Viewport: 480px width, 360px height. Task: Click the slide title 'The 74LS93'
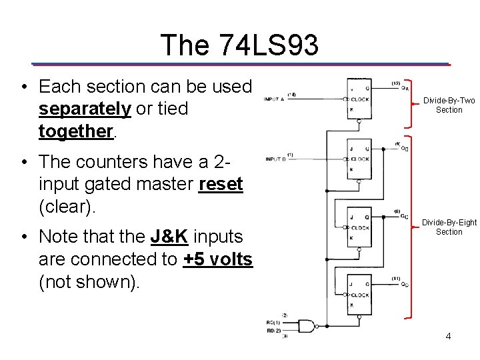[x=239, y=45]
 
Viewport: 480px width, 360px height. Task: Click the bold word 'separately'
[x=85, y=109]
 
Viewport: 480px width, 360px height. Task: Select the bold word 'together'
[x=76, y=131]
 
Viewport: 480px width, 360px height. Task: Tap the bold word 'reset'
[x=221, y=185]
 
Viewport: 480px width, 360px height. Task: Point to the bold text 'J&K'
[x=169, y=236]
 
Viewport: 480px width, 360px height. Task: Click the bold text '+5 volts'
[x=217, y=259]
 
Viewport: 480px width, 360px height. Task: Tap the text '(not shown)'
[x=89, y=282]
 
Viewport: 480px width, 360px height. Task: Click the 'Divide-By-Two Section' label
[x=449, y=105]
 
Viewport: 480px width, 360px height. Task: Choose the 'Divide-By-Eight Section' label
[x=449, y=227]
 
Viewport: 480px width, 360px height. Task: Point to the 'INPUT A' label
[x=273, y=99]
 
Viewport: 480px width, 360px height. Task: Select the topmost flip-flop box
[x=359, y=99]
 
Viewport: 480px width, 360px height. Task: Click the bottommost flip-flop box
[x=359, y=295]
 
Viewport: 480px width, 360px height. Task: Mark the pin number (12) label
[x=396, y=83]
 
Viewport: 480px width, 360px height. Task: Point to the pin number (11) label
[x=396, y=277]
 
